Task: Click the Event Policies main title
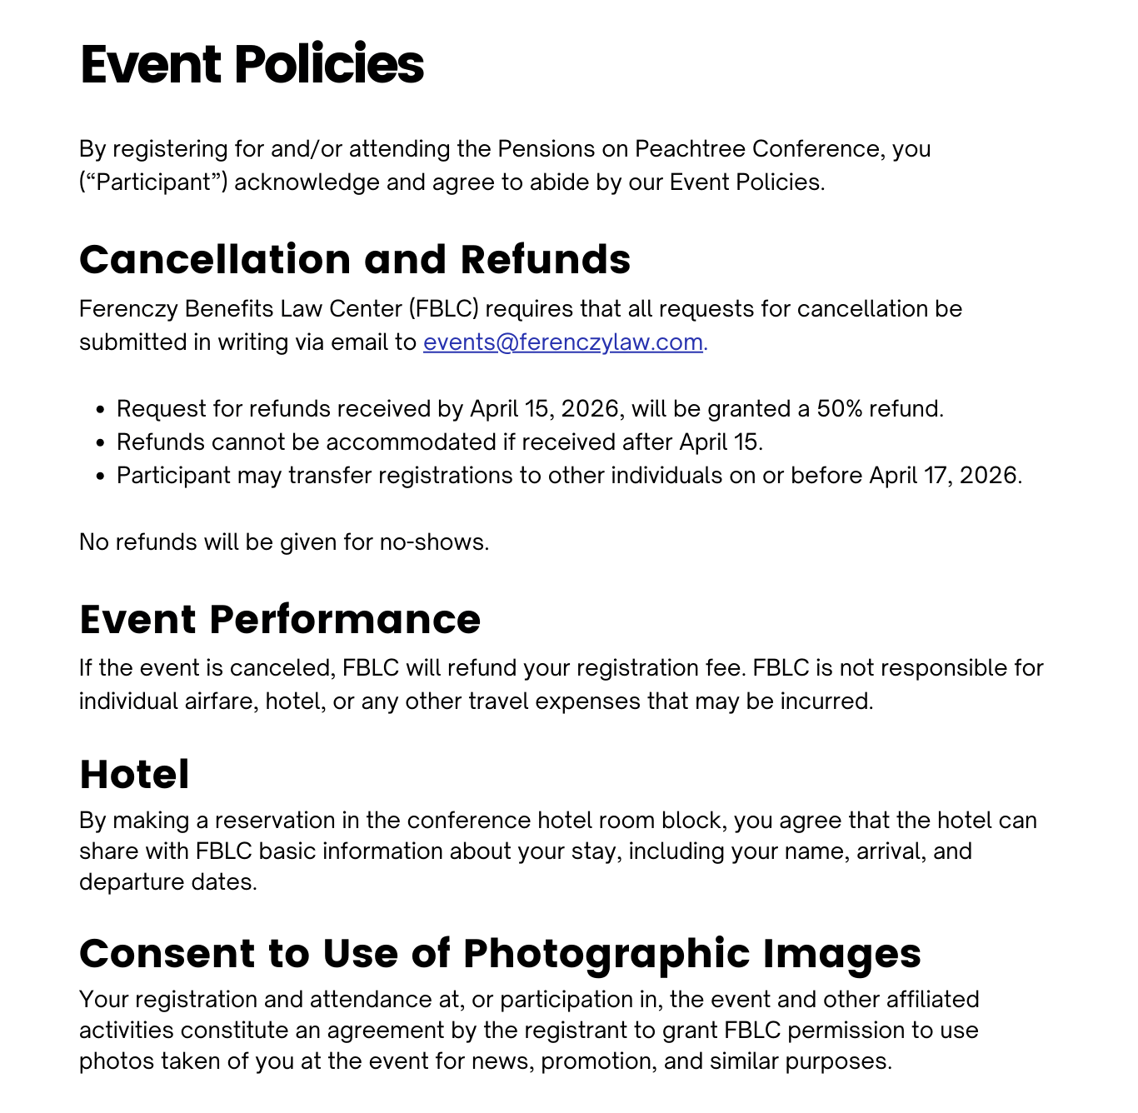click(252, 64)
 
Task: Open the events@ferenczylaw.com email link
click(562, 342)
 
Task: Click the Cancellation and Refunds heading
click(355, 259)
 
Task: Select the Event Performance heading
click(280, 619)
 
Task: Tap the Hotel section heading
click(134, 774)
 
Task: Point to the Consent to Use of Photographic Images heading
click(500, 953)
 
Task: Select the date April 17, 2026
click(945, 476)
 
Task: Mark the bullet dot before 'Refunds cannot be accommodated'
click(101, 442)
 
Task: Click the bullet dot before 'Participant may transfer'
click(101, 476)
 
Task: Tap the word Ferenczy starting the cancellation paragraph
click(128, 309)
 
